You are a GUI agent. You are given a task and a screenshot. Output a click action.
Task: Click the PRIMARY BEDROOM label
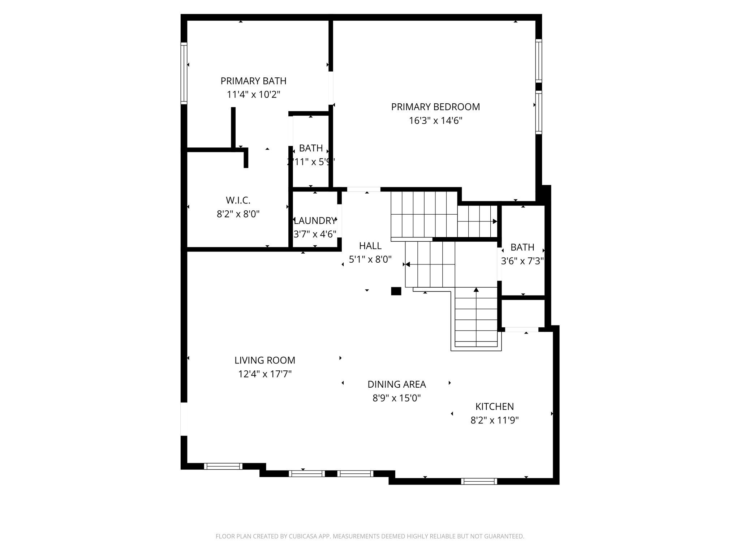435,107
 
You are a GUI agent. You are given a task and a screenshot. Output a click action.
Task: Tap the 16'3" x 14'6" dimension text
435,121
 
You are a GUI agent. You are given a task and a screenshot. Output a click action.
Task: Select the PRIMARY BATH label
253,81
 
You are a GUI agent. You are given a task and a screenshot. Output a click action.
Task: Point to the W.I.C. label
238,200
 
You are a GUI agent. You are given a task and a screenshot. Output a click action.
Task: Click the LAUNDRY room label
315,221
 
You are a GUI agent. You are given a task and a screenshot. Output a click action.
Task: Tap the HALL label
370,246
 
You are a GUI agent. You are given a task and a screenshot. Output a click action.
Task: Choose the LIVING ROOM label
265,360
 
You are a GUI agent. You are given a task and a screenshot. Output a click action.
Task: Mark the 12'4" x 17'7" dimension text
265,374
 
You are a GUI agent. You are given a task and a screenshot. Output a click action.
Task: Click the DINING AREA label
397,384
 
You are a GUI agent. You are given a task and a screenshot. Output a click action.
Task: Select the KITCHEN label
494,406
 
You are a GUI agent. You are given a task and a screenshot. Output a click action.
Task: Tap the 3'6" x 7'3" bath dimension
522,261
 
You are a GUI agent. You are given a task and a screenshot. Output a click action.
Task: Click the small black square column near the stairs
396,291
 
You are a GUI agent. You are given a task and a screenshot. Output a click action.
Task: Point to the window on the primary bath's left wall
184,73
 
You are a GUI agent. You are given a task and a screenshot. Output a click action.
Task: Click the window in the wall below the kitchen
479,481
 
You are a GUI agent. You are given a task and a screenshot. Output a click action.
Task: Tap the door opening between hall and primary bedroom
363,189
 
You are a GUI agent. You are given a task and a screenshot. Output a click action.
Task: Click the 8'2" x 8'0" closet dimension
238,214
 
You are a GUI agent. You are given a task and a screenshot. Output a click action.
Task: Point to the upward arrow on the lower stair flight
476,289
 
